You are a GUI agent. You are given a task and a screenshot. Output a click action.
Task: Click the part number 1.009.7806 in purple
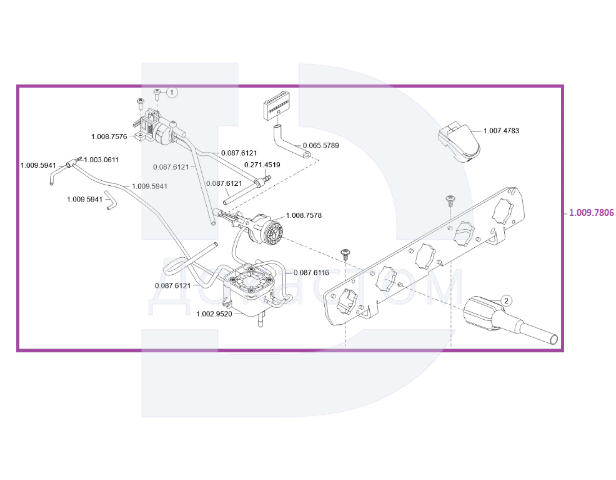(591, 213)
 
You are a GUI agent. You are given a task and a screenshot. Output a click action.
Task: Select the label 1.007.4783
(501, 131)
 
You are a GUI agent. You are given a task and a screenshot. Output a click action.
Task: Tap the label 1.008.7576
(109, 136)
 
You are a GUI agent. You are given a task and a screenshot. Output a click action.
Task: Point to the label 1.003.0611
(101, 160)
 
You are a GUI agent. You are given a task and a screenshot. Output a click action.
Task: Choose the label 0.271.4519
(262, 165)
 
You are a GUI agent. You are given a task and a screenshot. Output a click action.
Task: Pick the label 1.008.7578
(304, 215)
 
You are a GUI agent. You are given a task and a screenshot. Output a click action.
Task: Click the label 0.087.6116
(310, 272)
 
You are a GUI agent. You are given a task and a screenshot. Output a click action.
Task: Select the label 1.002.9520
(214, 314)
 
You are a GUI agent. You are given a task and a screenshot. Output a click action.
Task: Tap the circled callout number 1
(172, 92)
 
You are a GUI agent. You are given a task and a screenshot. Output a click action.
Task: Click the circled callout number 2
(507, 300)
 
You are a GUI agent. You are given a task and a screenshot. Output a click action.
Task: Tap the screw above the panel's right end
(449, 200)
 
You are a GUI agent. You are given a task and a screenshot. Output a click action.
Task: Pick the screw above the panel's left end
(344, 253)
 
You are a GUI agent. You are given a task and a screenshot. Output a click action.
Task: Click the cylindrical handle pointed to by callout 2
(486, 314)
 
